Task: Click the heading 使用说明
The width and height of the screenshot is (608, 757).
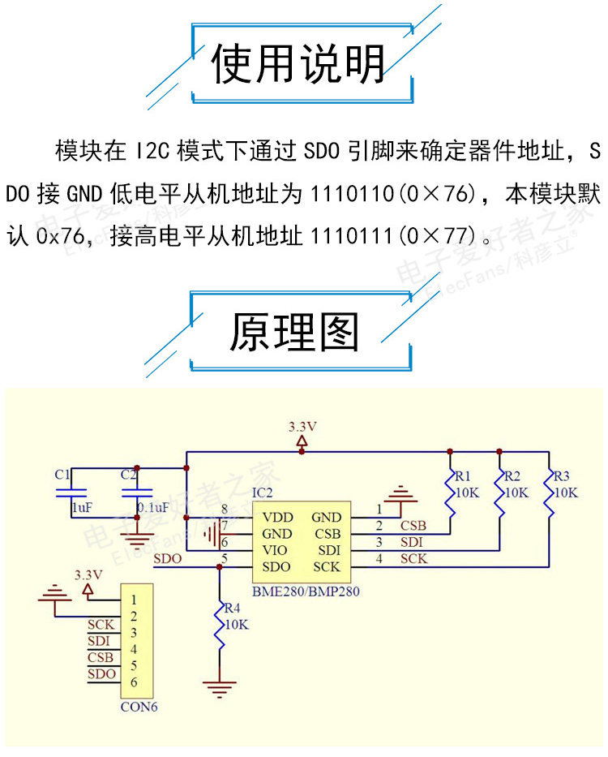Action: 298,65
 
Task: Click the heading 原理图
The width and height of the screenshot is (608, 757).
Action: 293,331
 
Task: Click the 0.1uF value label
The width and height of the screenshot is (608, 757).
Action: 152,507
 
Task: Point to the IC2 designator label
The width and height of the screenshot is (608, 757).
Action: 263,492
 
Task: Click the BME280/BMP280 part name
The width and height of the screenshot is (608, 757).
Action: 306,591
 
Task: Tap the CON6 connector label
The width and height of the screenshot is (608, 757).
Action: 139,706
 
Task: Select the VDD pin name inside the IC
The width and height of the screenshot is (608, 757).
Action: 278,517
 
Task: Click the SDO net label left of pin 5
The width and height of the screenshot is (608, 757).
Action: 167,558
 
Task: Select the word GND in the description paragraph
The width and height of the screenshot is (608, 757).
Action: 84,195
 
